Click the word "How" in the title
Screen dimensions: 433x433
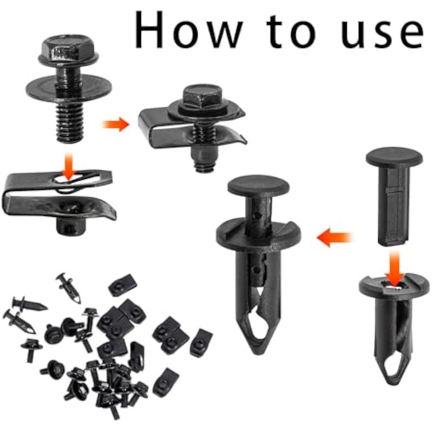coord(188,30)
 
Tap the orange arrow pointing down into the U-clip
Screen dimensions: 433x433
coord(68,166)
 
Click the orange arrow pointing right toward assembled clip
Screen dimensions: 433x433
coord(115,124)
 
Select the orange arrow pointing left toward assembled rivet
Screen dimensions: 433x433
coord(334,237)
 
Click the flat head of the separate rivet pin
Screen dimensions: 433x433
coord(394,156)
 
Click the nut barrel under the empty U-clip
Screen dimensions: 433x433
coord(71,226)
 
